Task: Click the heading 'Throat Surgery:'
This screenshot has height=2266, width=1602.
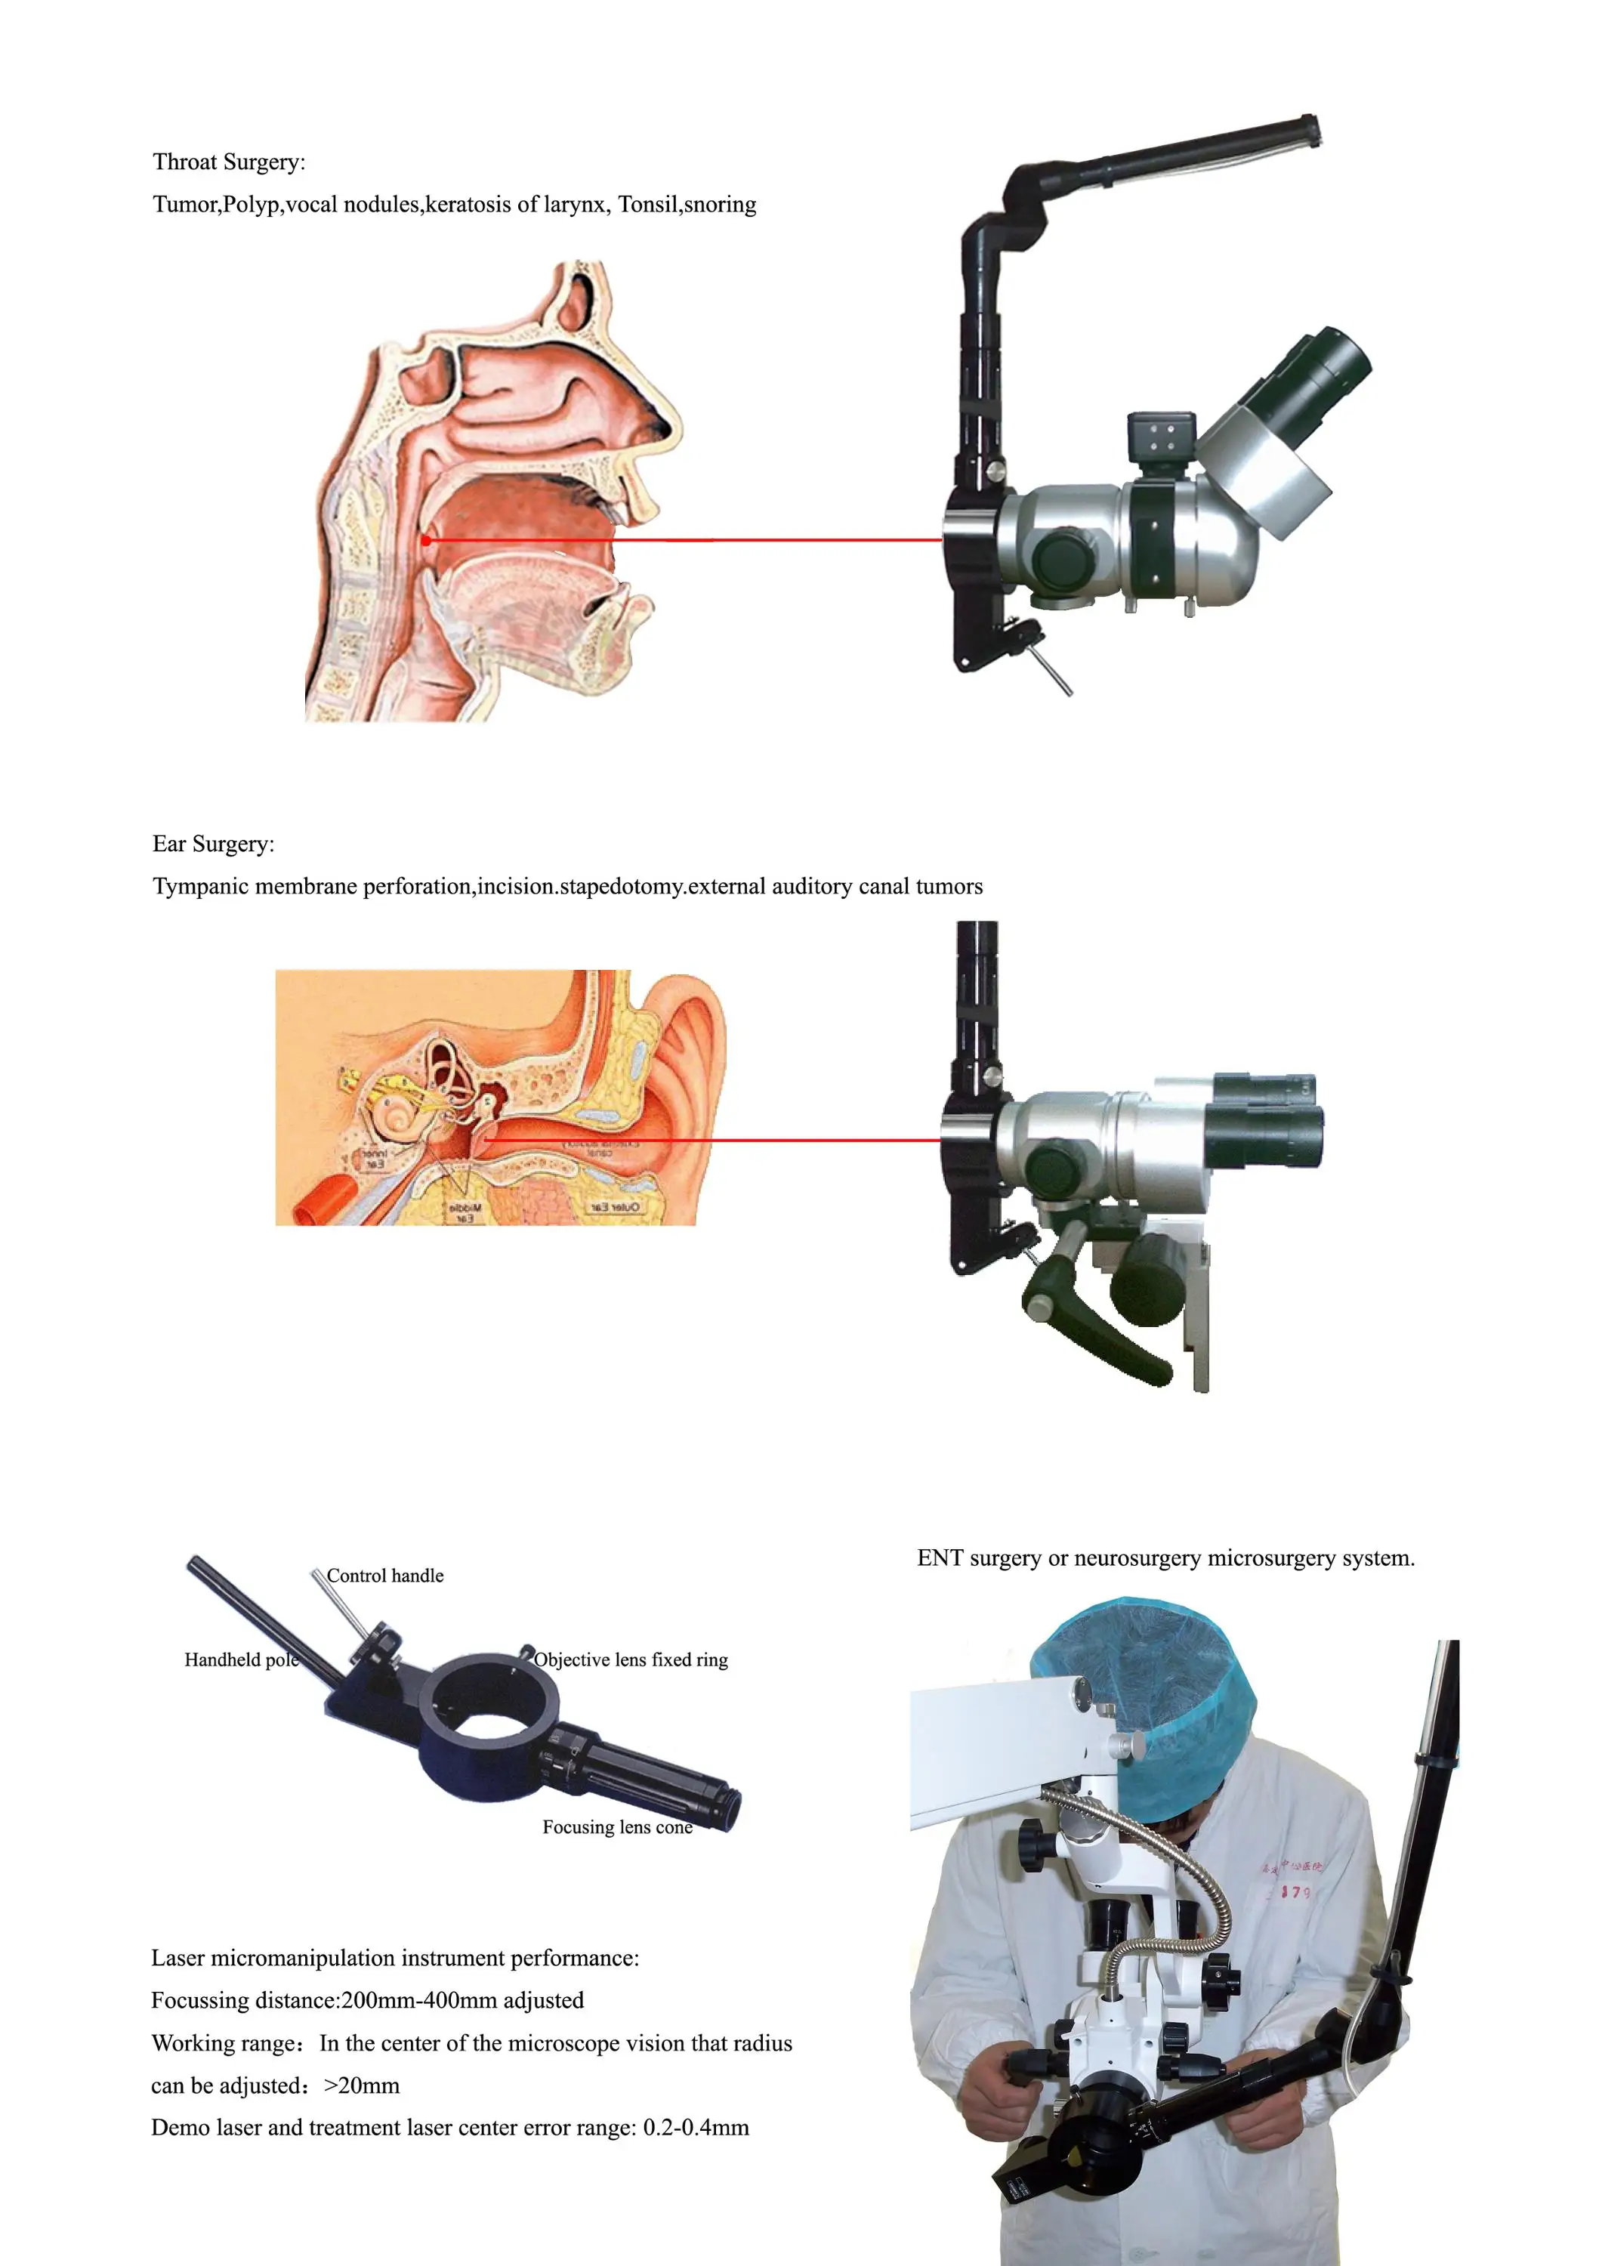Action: pyautogui.click(x=228, y=162)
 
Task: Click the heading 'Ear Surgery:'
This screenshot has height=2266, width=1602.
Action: pyautogui.click(x=213, y=844)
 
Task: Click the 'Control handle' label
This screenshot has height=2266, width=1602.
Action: pyautogui.click(x=385, y=1576)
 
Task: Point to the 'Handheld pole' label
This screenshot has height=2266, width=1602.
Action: pyautogui.click(x=241, y=1660)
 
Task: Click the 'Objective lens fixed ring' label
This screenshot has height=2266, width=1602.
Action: pyautogui.click(x=631, y=1660)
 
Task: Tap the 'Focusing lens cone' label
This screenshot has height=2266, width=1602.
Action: pyautogui.click(x=617, y=1828)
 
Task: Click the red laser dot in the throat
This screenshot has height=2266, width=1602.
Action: pyautogui.click(x=425, y=540)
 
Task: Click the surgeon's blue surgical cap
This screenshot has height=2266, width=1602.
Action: pyautogui.click(x=1145, y=1668)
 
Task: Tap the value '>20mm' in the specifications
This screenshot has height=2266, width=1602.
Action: pyautogui.click(x=361, y=2085)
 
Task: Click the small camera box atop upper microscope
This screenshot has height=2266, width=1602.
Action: pyautogui.click(x=1162, y=438)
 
